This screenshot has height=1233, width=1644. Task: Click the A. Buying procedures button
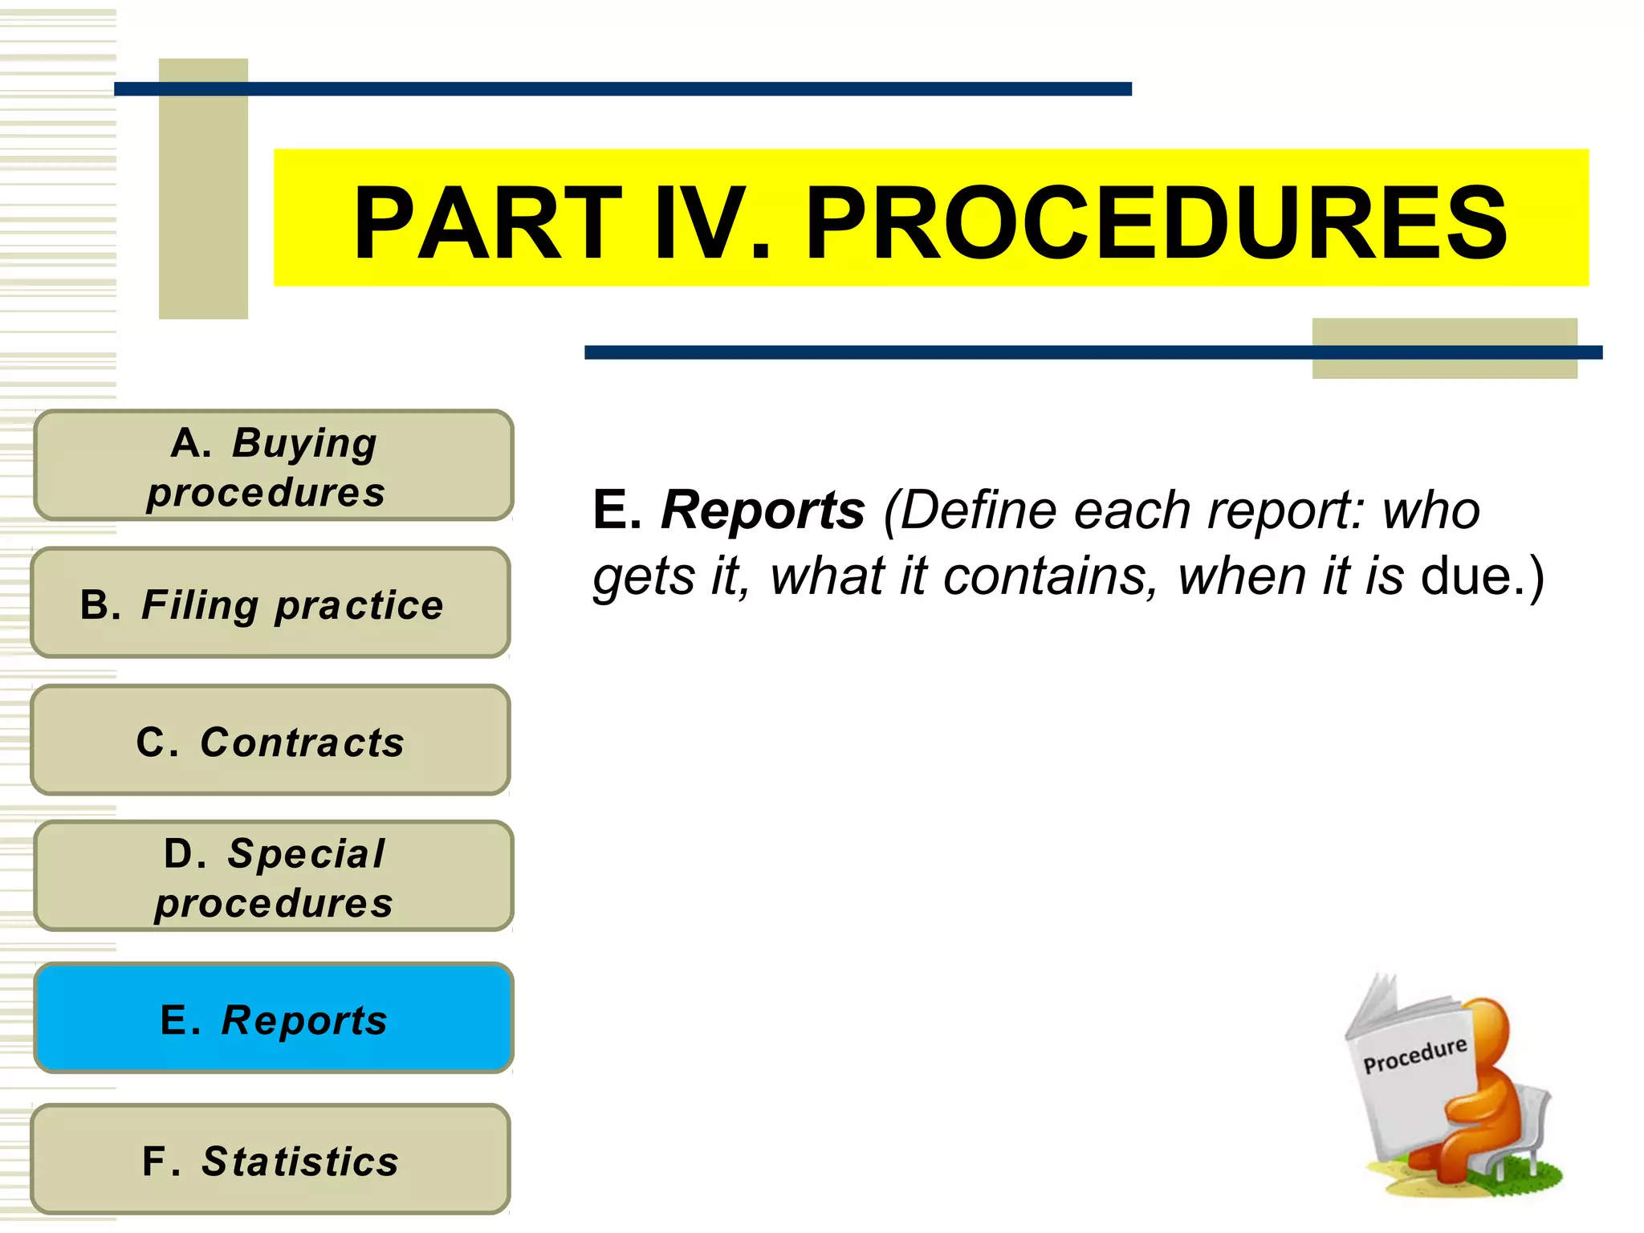click(x=273, y=466)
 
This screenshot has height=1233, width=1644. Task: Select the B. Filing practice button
click(x=271, y=603)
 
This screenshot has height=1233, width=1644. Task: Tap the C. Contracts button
click(x=271, y=740)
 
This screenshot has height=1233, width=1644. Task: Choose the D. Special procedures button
click(x=273, y=876)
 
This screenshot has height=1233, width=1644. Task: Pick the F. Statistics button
click(x=271, y=1159)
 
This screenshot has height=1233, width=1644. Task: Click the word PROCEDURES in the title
click(x=1156, y=223)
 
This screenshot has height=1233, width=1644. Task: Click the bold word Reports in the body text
click(x=763, y=511)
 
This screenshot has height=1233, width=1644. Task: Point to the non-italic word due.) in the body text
click(x=1481, y=576)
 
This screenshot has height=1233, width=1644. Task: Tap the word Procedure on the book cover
click(x=1414, y=1055)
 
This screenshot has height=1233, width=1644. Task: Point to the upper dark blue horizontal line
click(x=622, y=89)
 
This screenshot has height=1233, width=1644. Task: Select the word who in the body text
click(x=1430, y=511)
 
